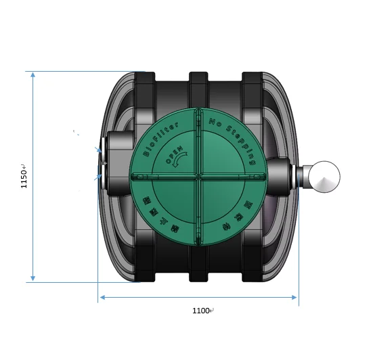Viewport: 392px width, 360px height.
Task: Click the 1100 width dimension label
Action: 202,311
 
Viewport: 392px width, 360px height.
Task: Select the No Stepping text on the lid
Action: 234,140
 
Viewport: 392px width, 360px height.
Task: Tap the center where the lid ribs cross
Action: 198,176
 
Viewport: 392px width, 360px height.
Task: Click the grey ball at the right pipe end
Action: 322,177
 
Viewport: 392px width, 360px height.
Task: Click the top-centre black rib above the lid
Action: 198,87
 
